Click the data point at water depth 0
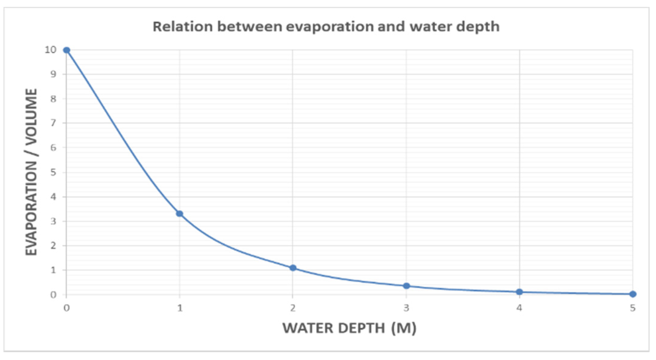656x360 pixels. [x=67, y=50]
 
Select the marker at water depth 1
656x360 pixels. [x=180, y=214]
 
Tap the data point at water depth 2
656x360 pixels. [x=293, y=268]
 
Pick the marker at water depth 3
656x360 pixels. [x=406, y=286]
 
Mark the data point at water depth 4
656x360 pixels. [x=519, y=292]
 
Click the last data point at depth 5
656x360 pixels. [x=633, y=294]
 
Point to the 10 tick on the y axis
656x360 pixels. [x=51, y=50]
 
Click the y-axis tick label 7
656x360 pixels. [x=53, y=123]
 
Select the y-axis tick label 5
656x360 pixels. [x=53, y=172]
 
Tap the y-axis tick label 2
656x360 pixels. [x=53, y=246]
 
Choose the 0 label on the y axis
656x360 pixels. [x=53, y=295]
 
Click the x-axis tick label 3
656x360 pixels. [x=406, y=308]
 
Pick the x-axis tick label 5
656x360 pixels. [x=633, y=308]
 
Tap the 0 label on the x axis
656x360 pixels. [x=67, y=308]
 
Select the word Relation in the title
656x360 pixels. [x=183, y=27]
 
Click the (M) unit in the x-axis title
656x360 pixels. [x=404, y=328]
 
